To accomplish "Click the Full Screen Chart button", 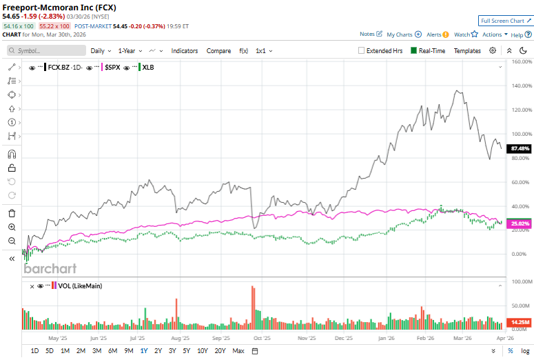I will tap(506, 21).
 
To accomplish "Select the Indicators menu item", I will tap(184, 50).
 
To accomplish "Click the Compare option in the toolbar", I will tap(218, 50).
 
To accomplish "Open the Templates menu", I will tap(467, 50).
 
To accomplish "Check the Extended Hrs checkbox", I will tap(362, 50).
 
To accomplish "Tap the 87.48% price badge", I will tap(520, 148).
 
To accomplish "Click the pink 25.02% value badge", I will tap(520, 223).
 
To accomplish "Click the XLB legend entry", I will tap(147, 68).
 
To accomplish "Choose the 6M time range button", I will tap(112, 351).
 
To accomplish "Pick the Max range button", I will tap(238, 351).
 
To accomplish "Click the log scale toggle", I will tap(525, 351).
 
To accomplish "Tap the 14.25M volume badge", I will tap(520, 322).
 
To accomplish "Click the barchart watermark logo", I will tap(50, 268).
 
